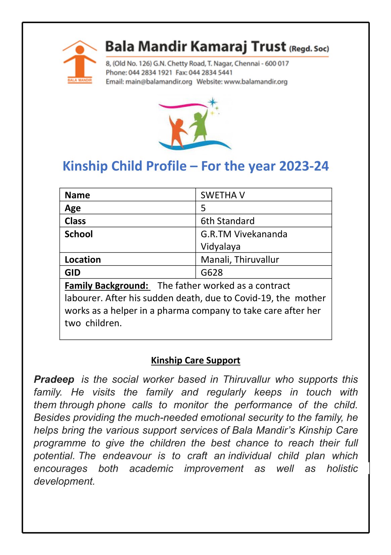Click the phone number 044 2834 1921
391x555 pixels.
[x=150, y=73]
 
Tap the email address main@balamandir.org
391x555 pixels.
[x=159, y=82]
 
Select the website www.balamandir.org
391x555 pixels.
[x=256, y=82]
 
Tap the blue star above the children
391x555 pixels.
[x=212, y=102]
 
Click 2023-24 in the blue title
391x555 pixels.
[x=304, y=166]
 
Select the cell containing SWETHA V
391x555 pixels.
[x=223, y=195]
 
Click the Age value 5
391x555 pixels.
[x=203, y=208]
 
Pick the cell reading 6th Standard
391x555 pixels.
[x=227, y=221]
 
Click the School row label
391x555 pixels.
[x=79, y=234]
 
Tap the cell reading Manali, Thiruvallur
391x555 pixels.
[x=240, y=260]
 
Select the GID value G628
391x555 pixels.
[x=212, y=272]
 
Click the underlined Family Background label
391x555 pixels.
[x=106, y=285]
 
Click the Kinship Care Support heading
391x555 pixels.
[x=195, y=360]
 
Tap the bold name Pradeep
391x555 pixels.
[x=54, y=379]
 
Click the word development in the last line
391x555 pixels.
[x=64, y=481]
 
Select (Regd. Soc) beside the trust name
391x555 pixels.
[x=309, y=49]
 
